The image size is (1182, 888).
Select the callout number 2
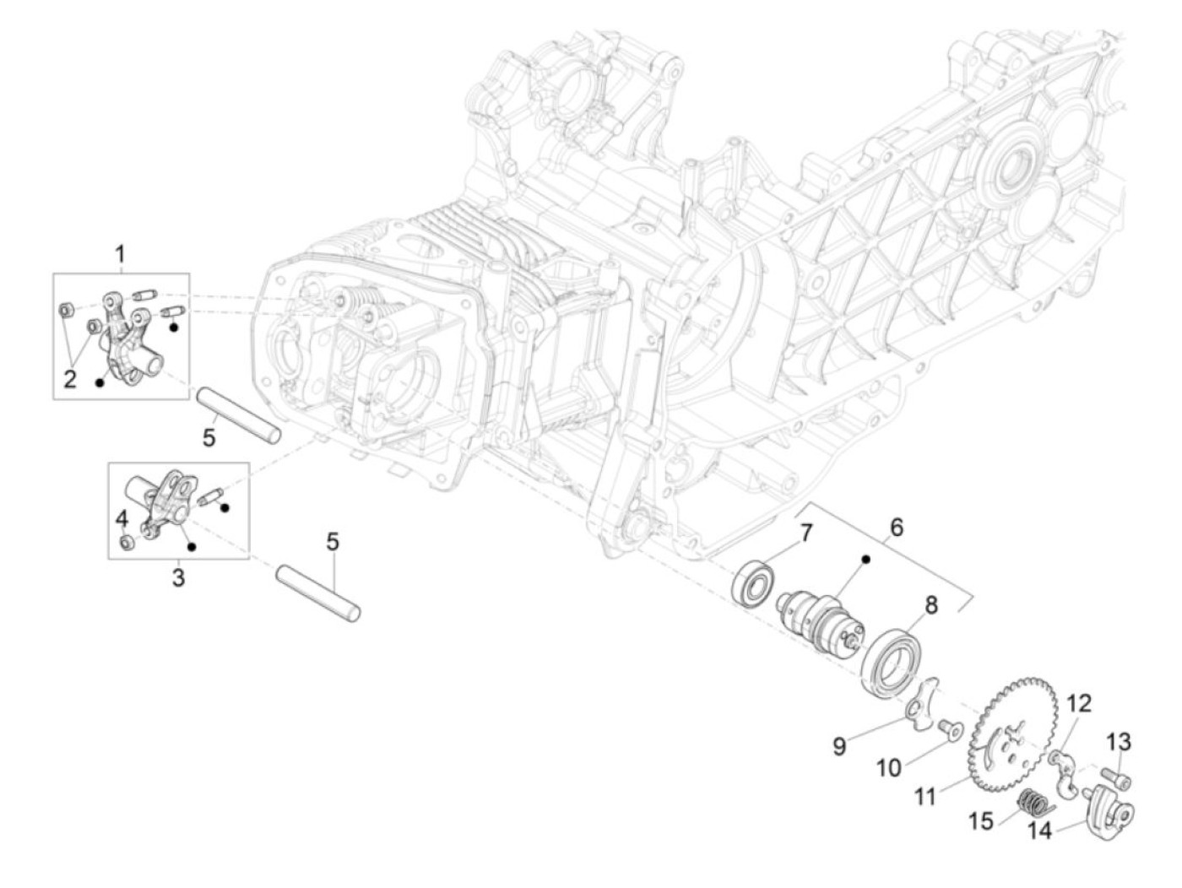tap(70, 378)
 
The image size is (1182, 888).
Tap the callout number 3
tap(178, 579)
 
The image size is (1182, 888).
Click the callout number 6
tap(896, 528)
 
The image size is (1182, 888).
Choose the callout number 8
tap(930, 604)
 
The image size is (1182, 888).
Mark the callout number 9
tap(839, 747)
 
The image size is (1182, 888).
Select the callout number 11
tap(925, 795)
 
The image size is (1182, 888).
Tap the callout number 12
tap(1081, 703)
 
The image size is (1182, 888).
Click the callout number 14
tap(1041, 831)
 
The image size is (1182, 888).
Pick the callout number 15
tap(981, 820)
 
